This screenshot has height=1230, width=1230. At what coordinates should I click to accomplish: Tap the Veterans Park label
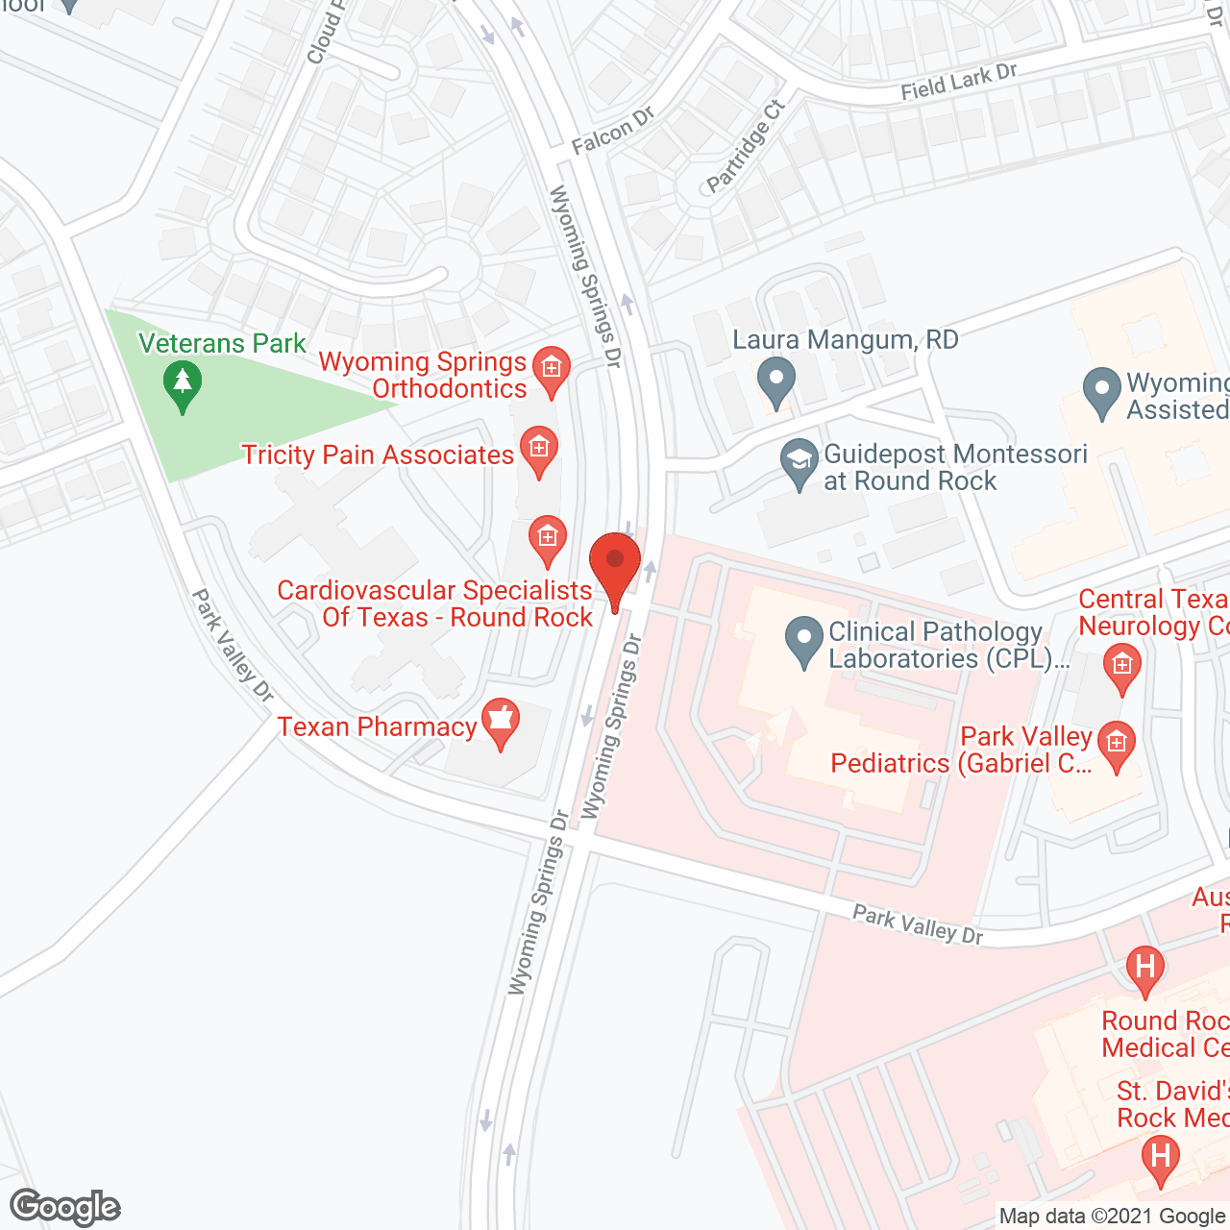[x=222, y=344]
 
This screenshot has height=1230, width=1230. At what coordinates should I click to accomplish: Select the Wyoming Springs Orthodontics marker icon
[x=551, y=370]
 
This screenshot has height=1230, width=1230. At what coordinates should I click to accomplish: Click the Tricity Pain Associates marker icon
[x=539, y=450]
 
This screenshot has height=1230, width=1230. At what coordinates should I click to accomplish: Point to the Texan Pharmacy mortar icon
[x=500, y=722]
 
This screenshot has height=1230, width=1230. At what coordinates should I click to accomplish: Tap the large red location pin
[x=615, y=565]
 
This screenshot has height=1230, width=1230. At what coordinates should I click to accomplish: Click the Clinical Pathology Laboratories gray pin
[x=803, y=641]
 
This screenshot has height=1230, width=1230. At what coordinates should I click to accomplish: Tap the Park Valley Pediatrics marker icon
[x=1116, y=745]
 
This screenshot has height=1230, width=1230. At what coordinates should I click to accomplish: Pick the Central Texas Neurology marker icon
[x=1121, y=666]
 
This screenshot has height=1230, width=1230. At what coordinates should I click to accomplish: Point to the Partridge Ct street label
[x=746, y=146]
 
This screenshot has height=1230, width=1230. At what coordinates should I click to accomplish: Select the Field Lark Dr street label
[x=958, y=82]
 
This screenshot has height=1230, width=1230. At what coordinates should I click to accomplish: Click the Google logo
[x=65, y=1207]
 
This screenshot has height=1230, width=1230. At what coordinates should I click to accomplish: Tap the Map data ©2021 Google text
[x=1112, y=1217]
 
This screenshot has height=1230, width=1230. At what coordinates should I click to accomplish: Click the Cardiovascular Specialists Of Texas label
[x=435, y=603]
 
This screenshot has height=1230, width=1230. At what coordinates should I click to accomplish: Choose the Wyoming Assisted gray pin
[x=1102, y=392]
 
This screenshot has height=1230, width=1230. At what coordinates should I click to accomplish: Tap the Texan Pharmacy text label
[x=377, y=726]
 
